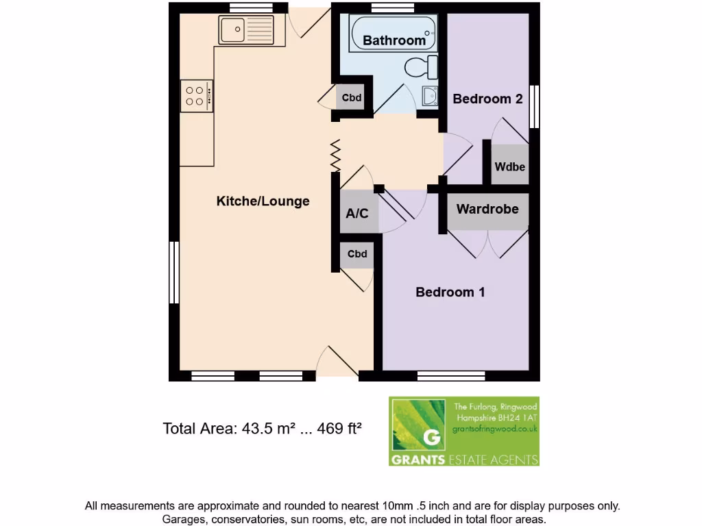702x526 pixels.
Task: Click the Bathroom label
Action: click(394, 40)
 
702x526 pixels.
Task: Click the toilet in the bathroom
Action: click(421, 67)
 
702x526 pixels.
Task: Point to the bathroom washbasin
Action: click(431, 96)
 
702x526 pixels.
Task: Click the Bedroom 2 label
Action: click(487, 99)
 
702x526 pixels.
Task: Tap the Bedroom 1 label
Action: click(450, 292)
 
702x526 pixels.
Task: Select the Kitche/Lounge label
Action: click(263, 201)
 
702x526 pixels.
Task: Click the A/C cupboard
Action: click(356, 213)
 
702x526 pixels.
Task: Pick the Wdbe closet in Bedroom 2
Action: click(509, 165)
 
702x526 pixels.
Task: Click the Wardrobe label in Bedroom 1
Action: click(487, 209)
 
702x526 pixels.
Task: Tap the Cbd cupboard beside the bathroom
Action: click(352, 98)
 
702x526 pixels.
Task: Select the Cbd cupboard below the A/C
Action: click(356, 254)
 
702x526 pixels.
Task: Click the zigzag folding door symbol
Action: click(336, 156)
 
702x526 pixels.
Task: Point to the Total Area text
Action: click(262, 429)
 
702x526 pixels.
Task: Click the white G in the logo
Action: click(431, 437)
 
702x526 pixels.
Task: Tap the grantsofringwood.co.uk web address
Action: click(494, 429)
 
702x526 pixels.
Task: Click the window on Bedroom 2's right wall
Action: click(535, 106)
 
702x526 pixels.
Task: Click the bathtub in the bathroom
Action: click(393, 34)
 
